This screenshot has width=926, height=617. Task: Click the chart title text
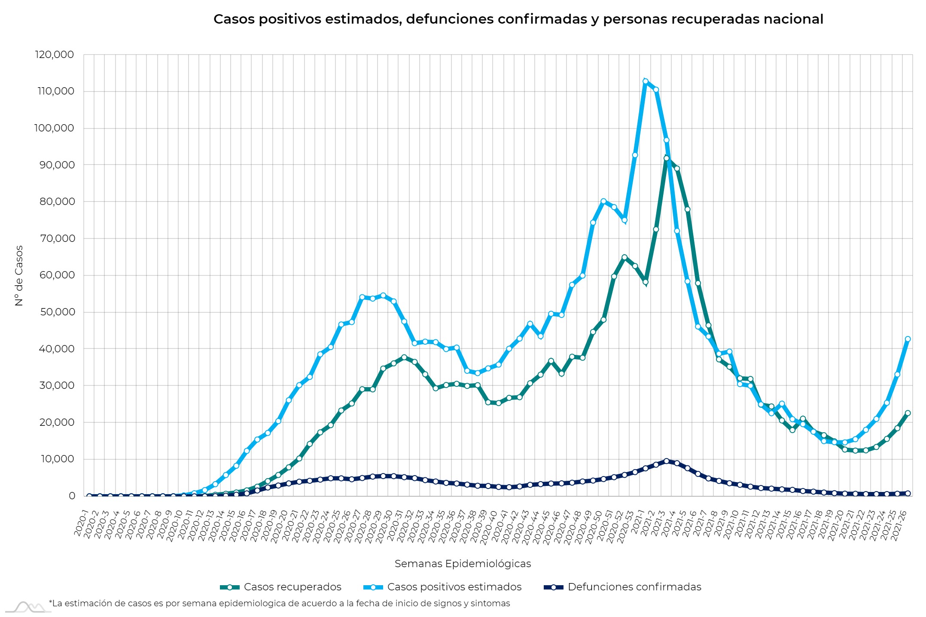[518, 19]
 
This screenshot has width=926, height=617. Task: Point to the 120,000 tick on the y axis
[54, 55]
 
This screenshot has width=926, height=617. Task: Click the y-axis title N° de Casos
[19, 275]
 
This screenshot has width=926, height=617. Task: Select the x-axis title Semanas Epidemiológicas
[463, 563]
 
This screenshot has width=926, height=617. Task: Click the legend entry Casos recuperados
[292, 587]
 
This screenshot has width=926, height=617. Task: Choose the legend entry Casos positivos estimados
[454, 587]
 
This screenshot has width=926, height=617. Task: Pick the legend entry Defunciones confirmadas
[634, 587]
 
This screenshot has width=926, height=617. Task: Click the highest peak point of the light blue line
[645, 81]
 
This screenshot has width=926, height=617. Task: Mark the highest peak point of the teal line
[666, 158]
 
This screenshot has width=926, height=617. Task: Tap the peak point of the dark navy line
[666, 461]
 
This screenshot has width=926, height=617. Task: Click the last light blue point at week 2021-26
[908, 339]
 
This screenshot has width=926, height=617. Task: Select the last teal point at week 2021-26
[908, 413]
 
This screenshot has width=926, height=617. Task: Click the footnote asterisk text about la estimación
[279, 603]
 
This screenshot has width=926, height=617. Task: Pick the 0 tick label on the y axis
[72, 496]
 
